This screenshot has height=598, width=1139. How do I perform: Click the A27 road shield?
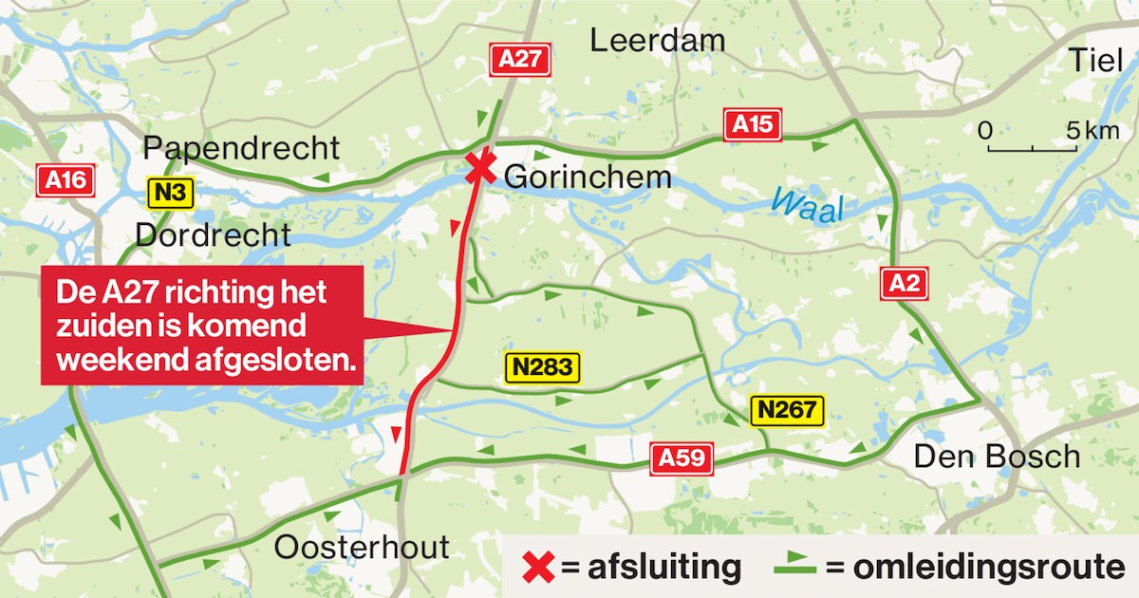coord(520,60)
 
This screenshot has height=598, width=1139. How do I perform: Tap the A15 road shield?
coord(753,125)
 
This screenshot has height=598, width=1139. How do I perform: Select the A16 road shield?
coord(65,181)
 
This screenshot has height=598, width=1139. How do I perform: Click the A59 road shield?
coord(682,459)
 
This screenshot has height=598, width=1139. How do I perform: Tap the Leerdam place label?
coord(657,41)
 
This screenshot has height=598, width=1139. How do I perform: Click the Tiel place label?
coord(1095,59)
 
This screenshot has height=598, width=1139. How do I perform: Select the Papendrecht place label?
coord(241,149)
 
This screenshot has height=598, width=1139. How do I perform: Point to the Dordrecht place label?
coord(214,234)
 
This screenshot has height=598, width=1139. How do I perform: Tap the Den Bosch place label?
coord(997,457)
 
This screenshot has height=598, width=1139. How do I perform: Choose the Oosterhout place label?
coord(362,548)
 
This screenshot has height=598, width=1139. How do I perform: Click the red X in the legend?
coord(538,568)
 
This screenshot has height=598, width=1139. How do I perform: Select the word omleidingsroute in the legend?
coord(977,568)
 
